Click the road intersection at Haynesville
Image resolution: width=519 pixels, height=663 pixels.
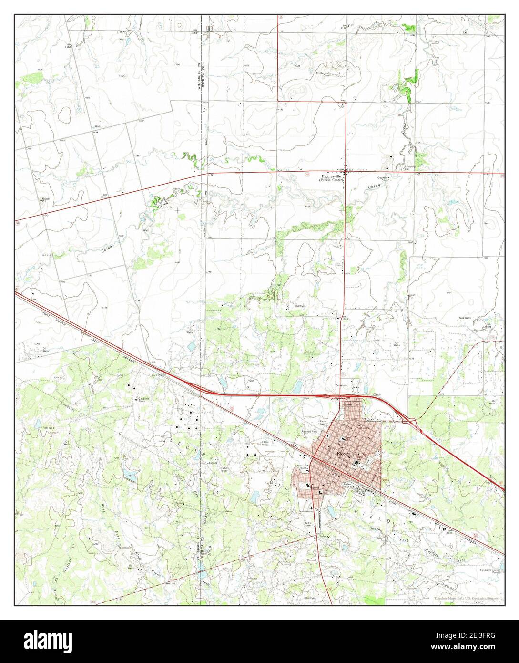[345, 172]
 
